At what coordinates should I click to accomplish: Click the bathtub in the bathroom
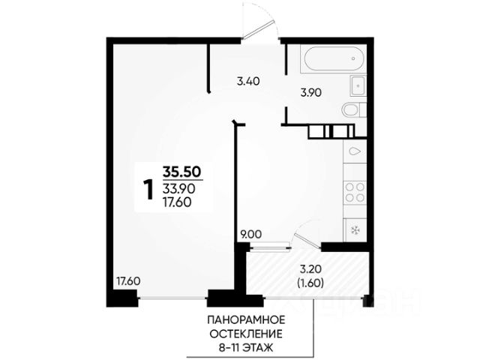(x=333, y=58)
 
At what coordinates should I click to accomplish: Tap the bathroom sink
(x=358, y=85)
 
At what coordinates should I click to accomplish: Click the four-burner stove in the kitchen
(x=355, y=192)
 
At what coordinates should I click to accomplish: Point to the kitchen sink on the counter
(x=355, y=151)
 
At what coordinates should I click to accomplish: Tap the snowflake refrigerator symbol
(x=355, y=230)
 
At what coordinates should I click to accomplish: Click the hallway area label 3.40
(x=248, y=82)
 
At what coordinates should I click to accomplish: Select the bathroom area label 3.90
(x=310, y=92)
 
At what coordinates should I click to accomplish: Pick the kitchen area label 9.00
(x=251, y=235)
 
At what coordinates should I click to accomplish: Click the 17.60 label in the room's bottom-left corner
(x=128, y=280)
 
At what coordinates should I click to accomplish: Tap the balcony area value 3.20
(x=310, y=270)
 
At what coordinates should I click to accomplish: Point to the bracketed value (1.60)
(x=310, y=283)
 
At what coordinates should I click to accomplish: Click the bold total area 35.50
(x=182, y=172)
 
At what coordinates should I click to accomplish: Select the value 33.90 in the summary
(x=178, y=189)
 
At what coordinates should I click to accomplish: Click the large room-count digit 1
(x=148, y=190)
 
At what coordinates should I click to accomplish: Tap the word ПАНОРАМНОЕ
(x=246, y=320)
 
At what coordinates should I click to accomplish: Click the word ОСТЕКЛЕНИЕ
(x=246, y=334)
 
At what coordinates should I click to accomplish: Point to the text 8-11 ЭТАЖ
(x=246, y=348)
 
